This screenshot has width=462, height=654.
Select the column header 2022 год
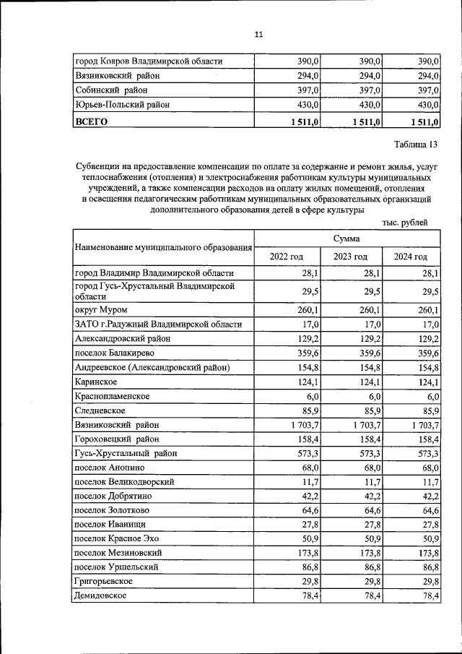point(286,257)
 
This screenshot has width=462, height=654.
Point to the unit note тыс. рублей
point(405,222)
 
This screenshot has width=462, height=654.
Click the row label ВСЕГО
point(92,121)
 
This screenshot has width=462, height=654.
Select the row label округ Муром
point(101,310)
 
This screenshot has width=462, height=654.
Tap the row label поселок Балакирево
point(114,353)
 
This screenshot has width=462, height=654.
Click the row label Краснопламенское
point(112,397)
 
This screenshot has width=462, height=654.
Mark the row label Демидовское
point(100,595)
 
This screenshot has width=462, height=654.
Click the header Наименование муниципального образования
point(163,248)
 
